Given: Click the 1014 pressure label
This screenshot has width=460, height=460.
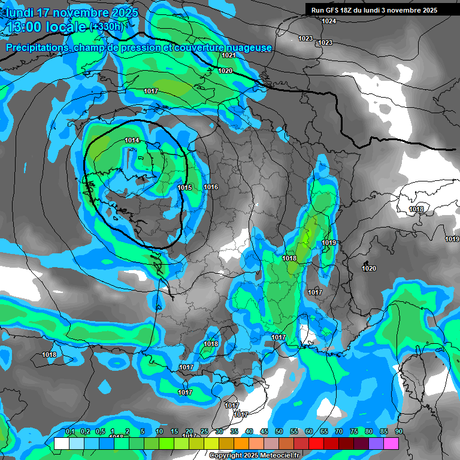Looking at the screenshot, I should coord(132,140).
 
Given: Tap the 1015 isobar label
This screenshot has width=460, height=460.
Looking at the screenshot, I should coord(184,188).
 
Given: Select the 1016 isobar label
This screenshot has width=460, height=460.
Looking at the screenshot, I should coord(211,187).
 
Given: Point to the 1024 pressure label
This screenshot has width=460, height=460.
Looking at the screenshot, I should coord(329,22).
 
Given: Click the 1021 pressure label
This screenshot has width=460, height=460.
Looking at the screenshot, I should coord(228,55).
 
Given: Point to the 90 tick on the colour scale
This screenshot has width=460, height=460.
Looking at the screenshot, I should coord(398,432).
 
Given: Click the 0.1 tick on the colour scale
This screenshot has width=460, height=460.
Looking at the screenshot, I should coord(69,432).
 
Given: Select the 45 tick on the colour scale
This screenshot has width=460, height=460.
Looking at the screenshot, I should coord(264,432).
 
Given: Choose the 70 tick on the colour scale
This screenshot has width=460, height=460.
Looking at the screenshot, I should coord(339,432).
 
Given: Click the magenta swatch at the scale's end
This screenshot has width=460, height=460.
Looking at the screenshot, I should coord(391,443).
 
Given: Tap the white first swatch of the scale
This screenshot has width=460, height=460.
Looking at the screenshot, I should coord(61,443).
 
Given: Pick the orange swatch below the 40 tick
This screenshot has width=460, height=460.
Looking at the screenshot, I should coord(241,443).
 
